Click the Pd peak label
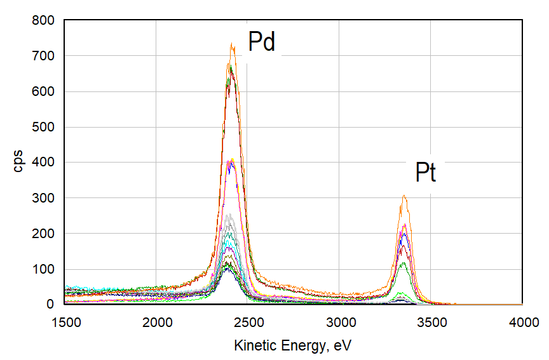(261, 42)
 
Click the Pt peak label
(426, 173)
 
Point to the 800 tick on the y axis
(46, 20)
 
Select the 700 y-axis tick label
(46, 56)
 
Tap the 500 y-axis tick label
(46, 127)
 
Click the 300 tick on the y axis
(46, 198)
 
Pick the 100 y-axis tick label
(46, 269)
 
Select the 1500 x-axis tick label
(65, 322)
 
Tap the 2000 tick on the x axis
(157, 322)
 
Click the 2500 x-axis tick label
(248, 322)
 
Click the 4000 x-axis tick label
(522, 322)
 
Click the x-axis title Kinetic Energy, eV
(292, 345)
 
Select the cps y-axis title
(19, 163)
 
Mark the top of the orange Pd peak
(233, 44)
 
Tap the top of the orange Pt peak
(403, 196)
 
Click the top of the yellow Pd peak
(233, 159)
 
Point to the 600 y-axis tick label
(46, 91)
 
